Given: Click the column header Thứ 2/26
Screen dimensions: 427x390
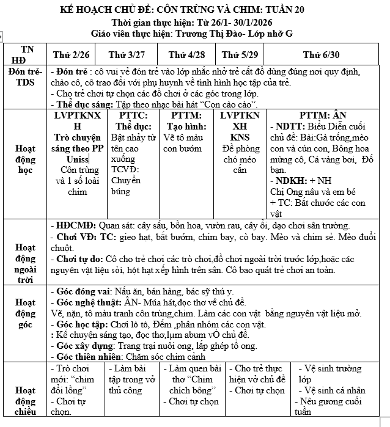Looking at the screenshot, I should tap(75, 55).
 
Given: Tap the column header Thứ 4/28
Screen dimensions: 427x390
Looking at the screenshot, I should tap(186, 55).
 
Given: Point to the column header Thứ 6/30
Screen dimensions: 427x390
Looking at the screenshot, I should tap(321, 55).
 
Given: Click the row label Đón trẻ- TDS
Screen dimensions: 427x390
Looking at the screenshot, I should tap(25, 78).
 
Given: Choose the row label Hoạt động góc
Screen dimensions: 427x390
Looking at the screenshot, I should tap(25, 313).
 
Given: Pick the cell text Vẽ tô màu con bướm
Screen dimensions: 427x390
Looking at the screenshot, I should tap(186, 142).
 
